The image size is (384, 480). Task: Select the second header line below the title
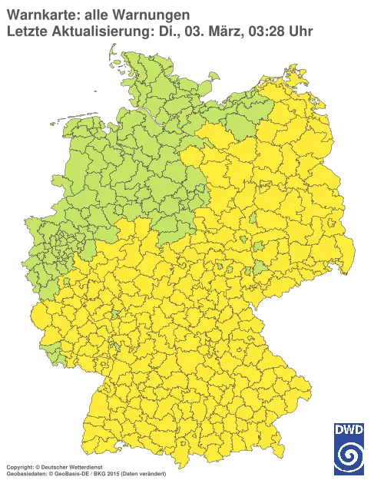(x=157, y=31)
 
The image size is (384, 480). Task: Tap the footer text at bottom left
(x=84, y=467)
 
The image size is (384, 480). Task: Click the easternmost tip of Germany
(x=355, y=254)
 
